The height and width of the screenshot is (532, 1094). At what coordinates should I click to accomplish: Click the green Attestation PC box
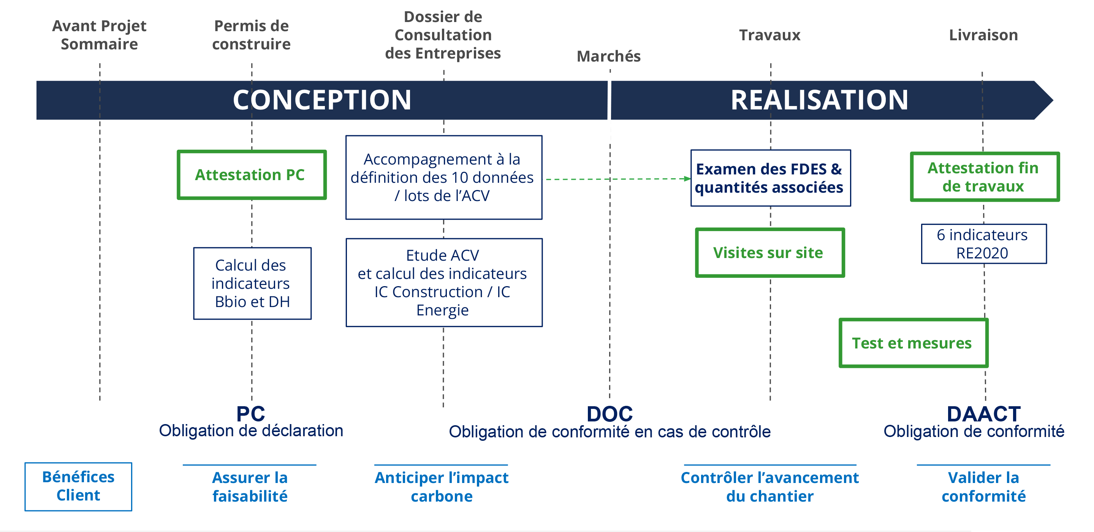tap(252, 174)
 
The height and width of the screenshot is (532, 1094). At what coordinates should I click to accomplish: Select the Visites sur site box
tap(769, 253)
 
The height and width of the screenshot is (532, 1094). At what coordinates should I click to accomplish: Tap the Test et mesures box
tap(913, 343)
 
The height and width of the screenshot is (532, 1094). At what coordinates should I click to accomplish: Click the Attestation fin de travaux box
tap(985, 177)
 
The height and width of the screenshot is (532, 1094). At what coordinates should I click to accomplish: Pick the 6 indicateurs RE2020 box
tap(983, 244)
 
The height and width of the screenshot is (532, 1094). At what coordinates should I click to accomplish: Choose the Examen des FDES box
tap(770, 178)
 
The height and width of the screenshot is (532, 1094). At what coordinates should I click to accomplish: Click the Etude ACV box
tap(444, 282)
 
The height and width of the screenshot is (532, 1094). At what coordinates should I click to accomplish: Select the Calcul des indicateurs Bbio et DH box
tap(252, 283)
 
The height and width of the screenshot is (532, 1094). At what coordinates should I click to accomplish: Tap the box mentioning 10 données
tap(444, 177)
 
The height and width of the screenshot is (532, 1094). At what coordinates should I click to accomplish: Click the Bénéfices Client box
tap(78, 486)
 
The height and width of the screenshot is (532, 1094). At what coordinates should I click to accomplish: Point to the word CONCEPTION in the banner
tap(322, 100)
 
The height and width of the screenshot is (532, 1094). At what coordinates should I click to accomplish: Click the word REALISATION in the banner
tap(819, 100)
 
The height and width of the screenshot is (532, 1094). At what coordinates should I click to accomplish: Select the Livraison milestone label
tap(983, 35)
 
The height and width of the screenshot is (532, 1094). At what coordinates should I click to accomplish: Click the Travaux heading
tap(769, 35)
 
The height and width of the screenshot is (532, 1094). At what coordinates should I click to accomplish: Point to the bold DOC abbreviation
tap(610, 413)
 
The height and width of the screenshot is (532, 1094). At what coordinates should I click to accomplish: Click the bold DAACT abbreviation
tap(983, 413)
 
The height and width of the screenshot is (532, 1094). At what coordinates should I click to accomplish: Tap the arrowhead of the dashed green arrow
tap(687, 179)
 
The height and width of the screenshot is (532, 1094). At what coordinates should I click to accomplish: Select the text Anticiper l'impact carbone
tap(441, 486)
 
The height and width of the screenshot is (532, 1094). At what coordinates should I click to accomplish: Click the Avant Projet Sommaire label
tap(100, 35)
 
